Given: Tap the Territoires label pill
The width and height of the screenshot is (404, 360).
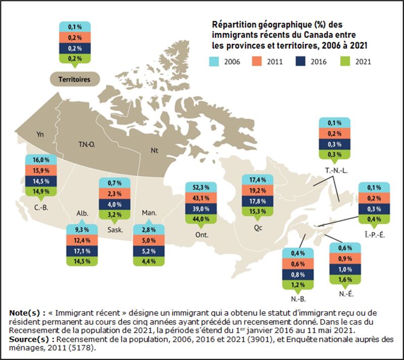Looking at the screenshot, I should coord(74,80).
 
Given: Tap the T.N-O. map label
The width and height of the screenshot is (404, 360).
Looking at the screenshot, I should coord(87,143).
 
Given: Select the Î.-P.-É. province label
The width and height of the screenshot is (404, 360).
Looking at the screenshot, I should coord(374,235).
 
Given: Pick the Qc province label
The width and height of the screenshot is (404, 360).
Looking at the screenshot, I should coord(257,227).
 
